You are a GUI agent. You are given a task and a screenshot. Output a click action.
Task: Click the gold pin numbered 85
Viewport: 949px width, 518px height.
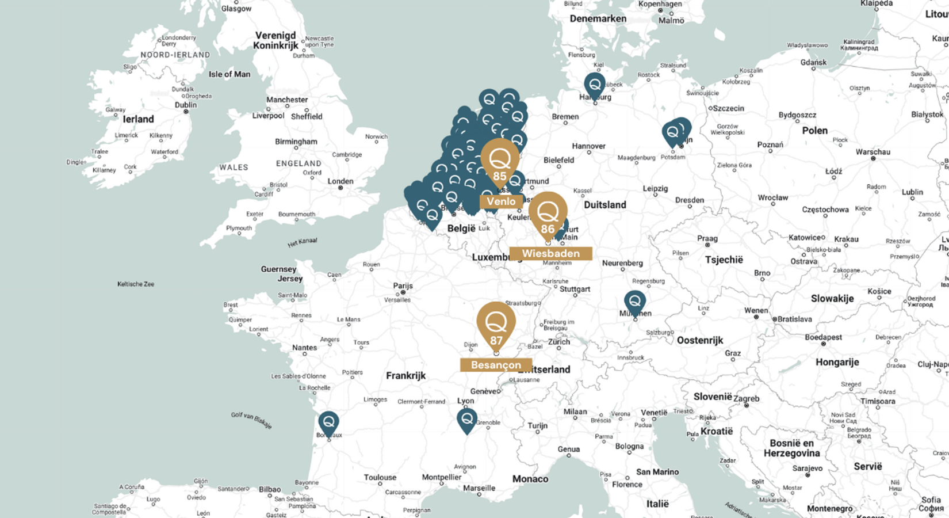[x=499, y=162]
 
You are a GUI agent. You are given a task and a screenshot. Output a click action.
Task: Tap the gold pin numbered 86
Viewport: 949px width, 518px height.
[x=548, y=214]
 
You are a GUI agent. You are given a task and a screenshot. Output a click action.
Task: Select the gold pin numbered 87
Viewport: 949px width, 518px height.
[x=496, y=325]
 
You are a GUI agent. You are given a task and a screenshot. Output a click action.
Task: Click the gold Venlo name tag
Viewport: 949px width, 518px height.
[x=501, y=201]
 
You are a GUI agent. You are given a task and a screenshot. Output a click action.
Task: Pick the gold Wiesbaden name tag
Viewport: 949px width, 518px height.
[x=550, y=253]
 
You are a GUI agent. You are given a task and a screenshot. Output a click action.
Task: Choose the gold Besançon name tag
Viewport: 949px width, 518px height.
[x=496, y=365]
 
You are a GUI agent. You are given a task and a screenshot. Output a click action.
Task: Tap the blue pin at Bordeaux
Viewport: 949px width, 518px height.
[x=328, y=424]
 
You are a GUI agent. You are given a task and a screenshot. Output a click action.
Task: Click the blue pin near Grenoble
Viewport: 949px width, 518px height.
[x=467, y=420]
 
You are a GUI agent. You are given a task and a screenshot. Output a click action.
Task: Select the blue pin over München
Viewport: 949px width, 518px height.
[x=634, y=302]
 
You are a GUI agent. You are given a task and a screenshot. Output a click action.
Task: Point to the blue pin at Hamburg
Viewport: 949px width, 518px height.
[x=595, y=85]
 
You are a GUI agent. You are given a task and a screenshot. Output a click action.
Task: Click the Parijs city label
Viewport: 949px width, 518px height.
[x=403, y=285]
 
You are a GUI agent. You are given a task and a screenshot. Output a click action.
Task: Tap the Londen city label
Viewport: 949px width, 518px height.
[x=340, y=181]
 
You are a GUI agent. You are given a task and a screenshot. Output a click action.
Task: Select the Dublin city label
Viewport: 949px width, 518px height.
[x=186, y=105]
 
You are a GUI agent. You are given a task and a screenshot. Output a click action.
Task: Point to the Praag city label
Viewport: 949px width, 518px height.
[x=707, y=238]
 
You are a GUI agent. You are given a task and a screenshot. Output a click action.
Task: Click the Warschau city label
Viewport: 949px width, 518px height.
[x=873, y=152]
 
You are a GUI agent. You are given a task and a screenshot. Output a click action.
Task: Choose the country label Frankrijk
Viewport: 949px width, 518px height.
[x=405, y=376]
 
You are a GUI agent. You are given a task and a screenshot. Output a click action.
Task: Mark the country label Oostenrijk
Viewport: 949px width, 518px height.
[x=699, y=340]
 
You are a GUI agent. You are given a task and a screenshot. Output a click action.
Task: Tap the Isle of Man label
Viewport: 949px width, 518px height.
[x=229, y=74]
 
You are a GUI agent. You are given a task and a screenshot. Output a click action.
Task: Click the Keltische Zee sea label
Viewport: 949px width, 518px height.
[x=136, y=284]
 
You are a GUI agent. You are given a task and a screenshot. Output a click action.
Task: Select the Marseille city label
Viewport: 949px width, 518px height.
[x=479, y=488]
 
